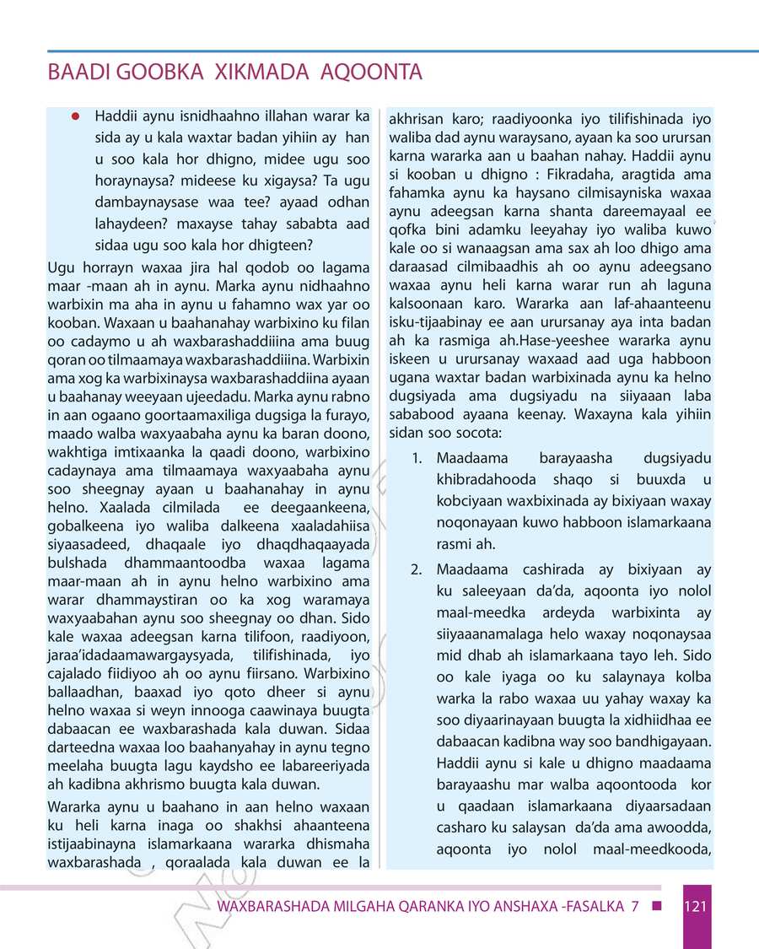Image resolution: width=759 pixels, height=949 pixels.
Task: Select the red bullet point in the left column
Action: [75, 116]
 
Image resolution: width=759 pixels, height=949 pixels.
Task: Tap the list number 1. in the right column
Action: [417, 459]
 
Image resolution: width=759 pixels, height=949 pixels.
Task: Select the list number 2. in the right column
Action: [417, 569]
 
